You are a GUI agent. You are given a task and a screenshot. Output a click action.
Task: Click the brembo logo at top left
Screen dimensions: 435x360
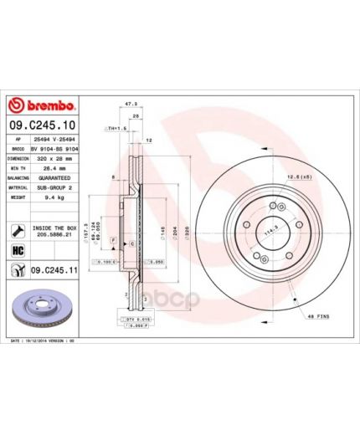pos(42,106)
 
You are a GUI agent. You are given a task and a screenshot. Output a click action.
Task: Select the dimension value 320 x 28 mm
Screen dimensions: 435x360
pos(57,157)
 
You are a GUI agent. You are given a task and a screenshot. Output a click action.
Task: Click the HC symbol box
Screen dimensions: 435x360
pos(17,250)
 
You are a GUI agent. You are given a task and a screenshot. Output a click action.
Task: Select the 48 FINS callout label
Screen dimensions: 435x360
pos(321,315)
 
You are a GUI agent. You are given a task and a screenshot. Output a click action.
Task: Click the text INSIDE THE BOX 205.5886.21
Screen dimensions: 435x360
pos(54,230)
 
